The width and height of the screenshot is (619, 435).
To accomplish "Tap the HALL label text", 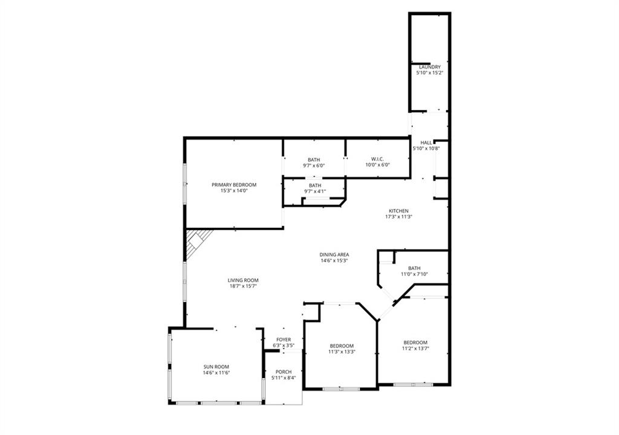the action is (x=426, y=143).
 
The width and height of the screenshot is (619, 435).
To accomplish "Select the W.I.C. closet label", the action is (x=377, y=159).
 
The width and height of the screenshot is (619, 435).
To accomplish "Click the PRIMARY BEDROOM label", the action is (x=234, y=185).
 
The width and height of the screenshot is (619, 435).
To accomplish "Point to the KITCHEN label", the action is (x=399, y=211).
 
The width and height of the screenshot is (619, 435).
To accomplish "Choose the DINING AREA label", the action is (x=334, y=254).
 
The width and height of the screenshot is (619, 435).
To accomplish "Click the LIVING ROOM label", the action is (x=243, y=280).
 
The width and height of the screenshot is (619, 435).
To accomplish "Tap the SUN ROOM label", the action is (x=216, y=367).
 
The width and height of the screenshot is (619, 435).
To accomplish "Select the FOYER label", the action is (x=284, y=340).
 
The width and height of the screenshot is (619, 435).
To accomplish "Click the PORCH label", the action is (x=284, y=372).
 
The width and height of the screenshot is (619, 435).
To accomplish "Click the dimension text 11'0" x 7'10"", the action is (x=415, y=274).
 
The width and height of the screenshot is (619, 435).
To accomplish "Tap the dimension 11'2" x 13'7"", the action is (x=415, y=348).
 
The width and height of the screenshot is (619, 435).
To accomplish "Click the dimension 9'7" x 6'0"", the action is (x=314, y=166).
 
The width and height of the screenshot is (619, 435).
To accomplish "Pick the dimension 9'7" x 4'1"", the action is (x=315, y=192).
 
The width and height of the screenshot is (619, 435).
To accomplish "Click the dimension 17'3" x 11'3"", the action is (x=399, y=216).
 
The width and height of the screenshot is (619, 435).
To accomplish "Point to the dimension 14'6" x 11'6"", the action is (x=216, y=372).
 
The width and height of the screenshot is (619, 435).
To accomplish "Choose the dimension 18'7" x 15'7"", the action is (x=243, y=286).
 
